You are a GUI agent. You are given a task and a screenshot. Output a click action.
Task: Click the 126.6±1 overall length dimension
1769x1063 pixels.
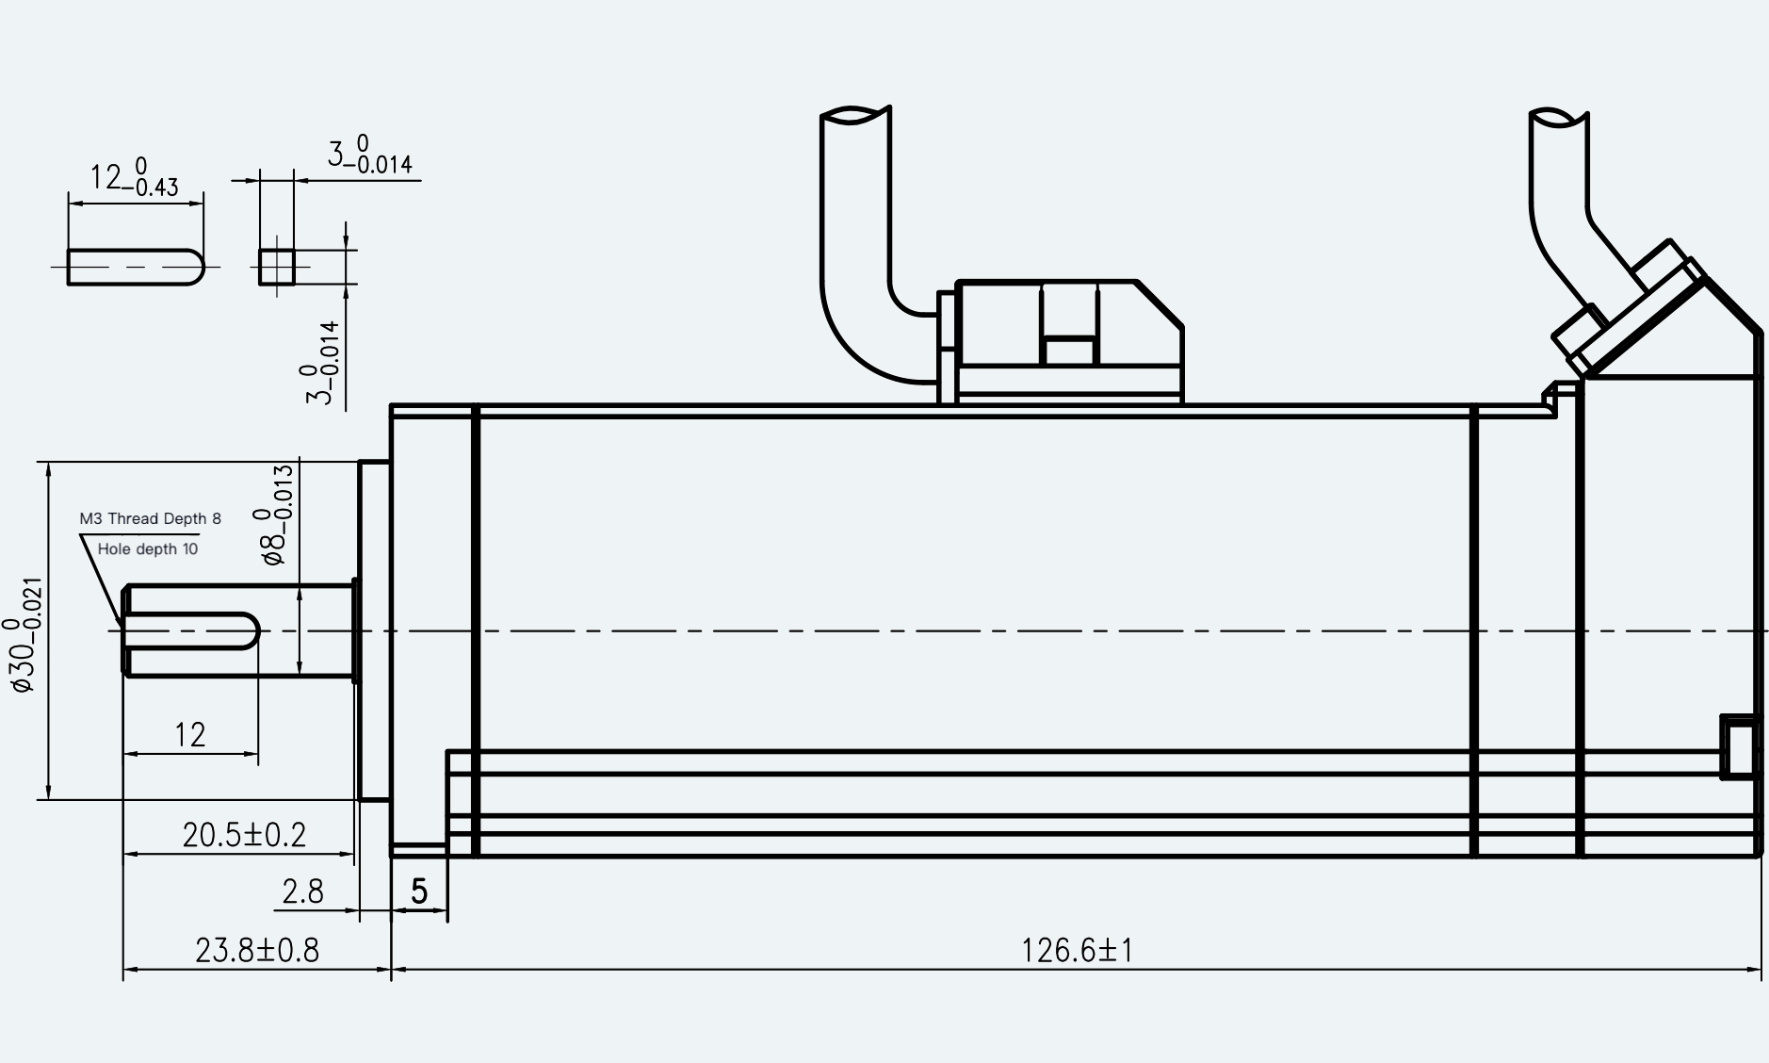(1077, 950)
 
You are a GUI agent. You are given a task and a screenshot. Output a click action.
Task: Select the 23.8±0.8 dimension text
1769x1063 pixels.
(257, 950)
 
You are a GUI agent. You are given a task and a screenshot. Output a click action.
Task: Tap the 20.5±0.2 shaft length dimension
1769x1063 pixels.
(244, 834)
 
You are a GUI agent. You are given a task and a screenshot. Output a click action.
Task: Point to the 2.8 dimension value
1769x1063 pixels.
(302, 891)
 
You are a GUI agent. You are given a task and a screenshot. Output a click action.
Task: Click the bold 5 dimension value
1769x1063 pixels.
(419, 891)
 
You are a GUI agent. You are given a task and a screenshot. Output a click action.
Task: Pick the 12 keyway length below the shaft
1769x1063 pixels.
(190, 735)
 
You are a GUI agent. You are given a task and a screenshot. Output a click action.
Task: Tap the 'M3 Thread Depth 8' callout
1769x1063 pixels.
(151, 518)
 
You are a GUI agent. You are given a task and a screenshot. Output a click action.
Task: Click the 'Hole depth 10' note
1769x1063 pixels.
(148, 548)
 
